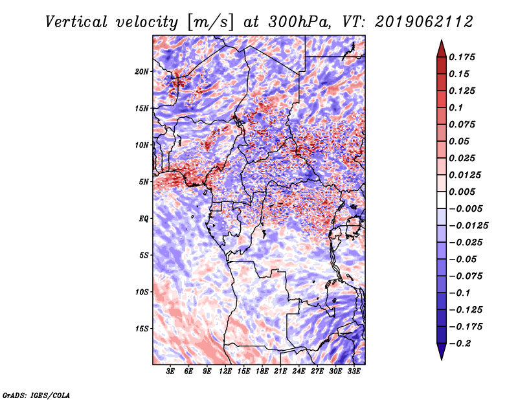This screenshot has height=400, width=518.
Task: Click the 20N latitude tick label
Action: point(142,71)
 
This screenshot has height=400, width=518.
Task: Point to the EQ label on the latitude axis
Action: point(143,219)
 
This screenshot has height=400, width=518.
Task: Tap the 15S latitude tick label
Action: point(142,329)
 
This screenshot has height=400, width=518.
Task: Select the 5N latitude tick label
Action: point(144,182)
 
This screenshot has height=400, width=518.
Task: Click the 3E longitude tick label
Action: point(170,371)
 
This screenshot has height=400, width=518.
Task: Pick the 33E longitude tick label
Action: point(354,371)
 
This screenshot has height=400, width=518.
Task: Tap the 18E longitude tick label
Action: point(262,371)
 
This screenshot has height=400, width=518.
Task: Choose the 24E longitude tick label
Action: point(298,371)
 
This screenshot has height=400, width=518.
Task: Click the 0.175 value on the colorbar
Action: point(462,57)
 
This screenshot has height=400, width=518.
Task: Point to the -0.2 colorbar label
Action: point(460,344)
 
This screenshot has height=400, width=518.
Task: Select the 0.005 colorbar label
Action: point(462,192)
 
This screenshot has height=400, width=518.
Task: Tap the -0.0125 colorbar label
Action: point(468,226)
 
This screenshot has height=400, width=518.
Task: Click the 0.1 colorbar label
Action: point(456,107)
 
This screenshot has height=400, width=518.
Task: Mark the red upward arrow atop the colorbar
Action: point(442,49)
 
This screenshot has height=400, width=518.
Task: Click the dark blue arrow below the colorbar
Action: point(442,351)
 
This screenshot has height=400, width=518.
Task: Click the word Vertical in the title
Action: point(76,22)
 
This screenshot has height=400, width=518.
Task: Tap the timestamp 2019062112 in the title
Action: point(424,22)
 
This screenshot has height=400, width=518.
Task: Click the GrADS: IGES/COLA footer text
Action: point(36,395)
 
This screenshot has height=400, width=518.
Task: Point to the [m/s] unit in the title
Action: point(210,23)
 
